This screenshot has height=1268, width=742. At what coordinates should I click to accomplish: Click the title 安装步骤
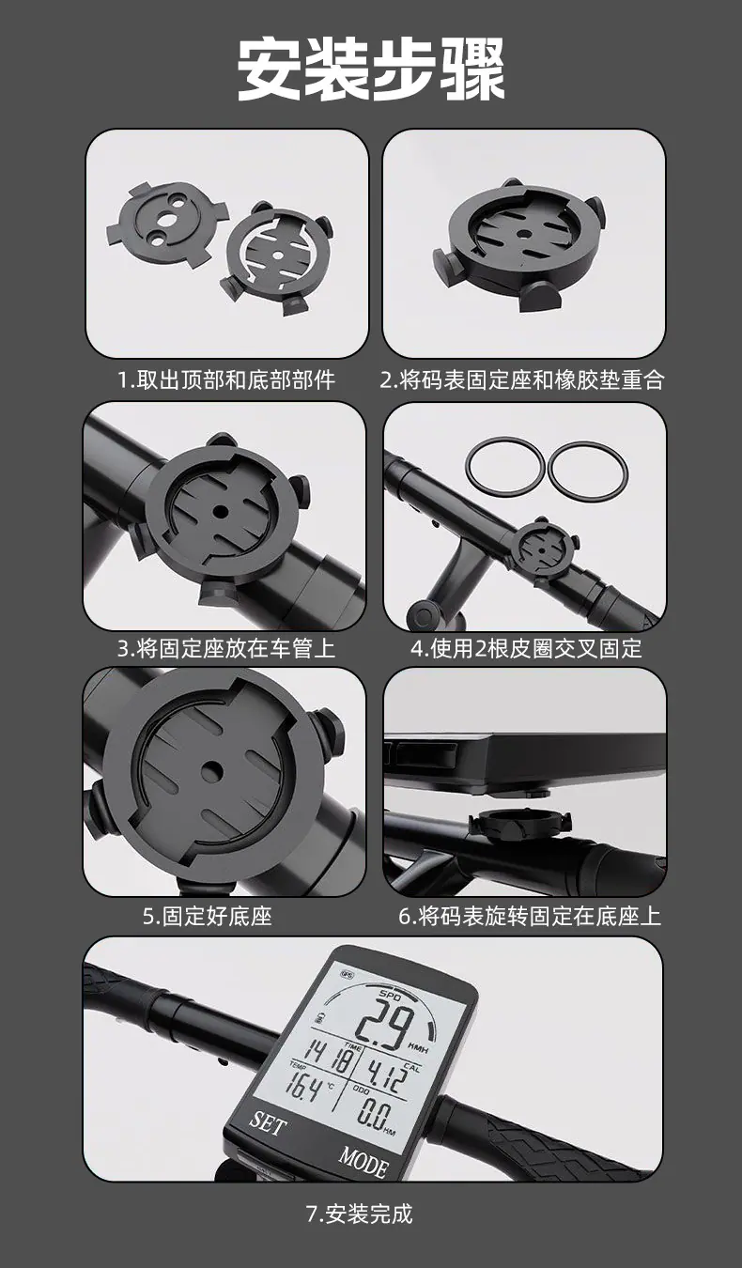371,69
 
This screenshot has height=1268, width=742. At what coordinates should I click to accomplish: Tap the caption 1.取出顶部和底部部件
226,379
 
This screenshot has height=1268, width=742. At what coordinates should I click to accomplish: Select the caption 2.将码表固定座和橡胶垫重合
522,379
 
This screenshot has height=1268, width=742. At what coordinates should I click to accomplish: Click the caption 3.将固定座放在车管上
226,648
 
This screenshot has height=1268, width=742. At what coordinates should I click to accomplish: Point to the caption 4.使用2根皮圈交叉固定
526,648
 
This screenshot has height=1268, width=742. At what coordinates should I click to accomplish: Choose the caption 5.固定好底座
208,916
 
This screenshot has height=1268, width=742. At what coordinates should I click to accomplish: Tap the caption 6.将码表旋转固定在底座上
530,916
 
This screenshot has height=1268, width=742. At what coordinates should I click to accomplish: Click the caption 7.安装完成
360,1214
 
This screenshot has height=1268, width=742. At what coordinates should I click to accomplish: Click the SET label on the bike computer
268,1122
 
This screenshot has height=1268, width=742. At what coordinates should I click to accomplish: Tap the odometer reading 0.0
374,1115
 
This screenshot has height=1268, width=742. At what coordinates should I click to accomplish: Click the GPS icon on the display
347,975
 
